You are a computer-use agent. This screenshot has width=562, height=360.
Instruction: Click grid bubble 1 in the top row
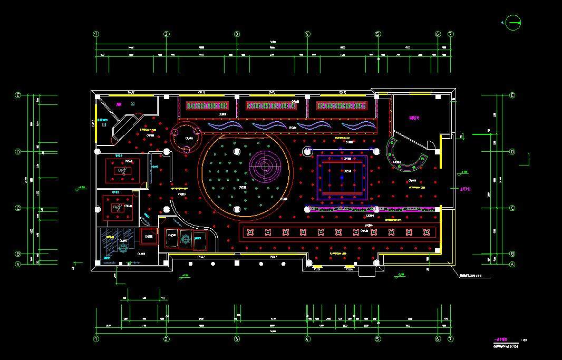pos(96,34)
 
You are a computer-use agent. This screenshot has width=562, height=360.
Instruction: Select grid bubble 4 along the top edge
pos(307,34)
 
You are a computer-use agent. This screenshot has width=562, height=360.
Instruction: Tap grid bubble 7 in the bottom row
pos(450,339)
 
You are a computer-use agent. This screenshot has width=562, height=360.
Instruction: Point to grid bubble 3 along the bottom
pos(237,339)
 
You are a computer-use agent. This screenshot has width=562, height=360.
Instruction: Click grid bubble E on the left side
pos(18,96)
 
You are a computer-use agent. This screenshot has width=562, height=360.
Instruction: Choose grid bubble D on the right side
pos(512,152)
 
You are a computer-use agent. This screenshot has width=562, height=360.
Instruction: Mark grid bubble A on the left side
pos(18,265)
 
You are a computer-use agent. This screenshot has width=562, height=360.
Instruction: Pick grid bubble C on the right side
pos(512,208)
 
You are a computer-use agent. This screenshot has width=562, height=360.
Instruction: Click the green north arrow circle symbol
pos(511,22)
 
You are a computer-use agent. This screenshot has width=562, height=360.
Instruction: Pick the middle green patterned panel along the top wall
pos(271,106)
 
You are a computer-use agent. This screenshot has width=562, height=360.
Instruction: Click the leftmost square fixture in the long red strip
pos(250,232)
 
